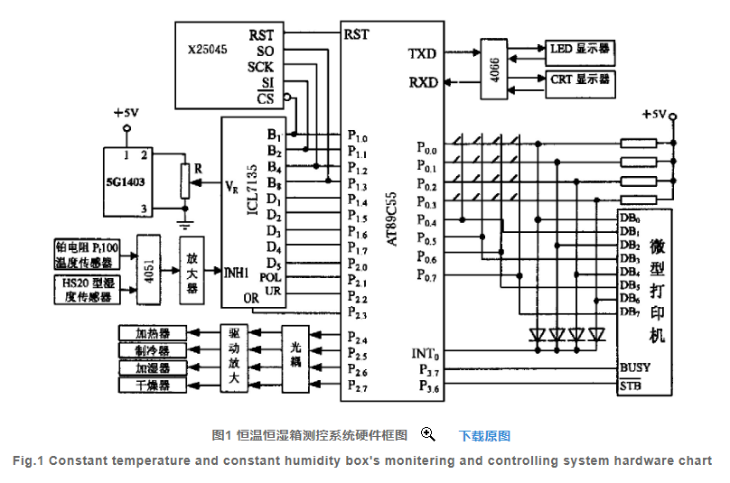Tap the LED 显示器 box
579,48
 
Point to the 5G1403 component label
126,180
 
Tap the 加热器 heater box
153,332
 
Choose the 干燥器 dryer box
153,385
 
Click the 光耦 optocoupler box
296,358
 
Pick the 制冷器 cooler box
153,349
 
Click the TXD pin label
422,54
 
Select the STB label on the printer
631,386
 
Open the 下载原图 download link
484,436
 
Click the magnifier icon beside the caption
428,434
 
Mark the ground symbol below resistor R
185,216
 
